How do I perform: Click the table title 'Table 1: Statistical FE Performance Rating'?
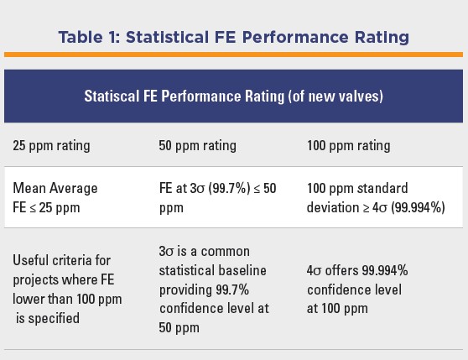(x=234, y=38)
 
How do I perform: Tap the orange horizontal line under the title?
(x=233, y=55)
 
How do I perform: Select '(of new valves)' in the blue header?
(x=335, y=97)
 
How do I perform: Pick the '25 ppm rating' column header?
(x=51, y=146)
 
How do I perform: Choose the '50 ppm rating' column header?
(x=198, y=146)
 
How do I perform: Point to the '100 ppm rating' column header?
(x=349, y=146)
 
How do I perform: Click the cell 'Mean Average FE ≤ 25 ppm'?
(x=55, y=198)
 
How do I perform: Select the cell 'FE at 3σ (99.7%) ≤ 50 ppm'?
(x=218, y=198)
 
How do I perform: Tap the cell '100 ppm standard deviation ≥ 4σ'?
(x=376, y=198)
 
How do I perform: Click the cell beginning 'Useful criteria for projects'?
(x=67, y=290)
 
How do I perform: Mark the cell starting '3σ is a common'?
(x=214, y=290)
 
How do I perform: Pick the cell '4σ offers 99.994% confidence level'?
(x=357, y=290)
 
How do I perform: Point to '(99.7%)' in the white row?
(x=229, y=188)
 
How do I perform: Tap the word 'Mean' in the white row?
(x=29, y=188)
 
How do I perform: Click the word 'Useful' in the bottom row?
(x=32, y=260)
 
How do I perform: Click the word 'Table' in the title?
(x=81, y=38)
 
